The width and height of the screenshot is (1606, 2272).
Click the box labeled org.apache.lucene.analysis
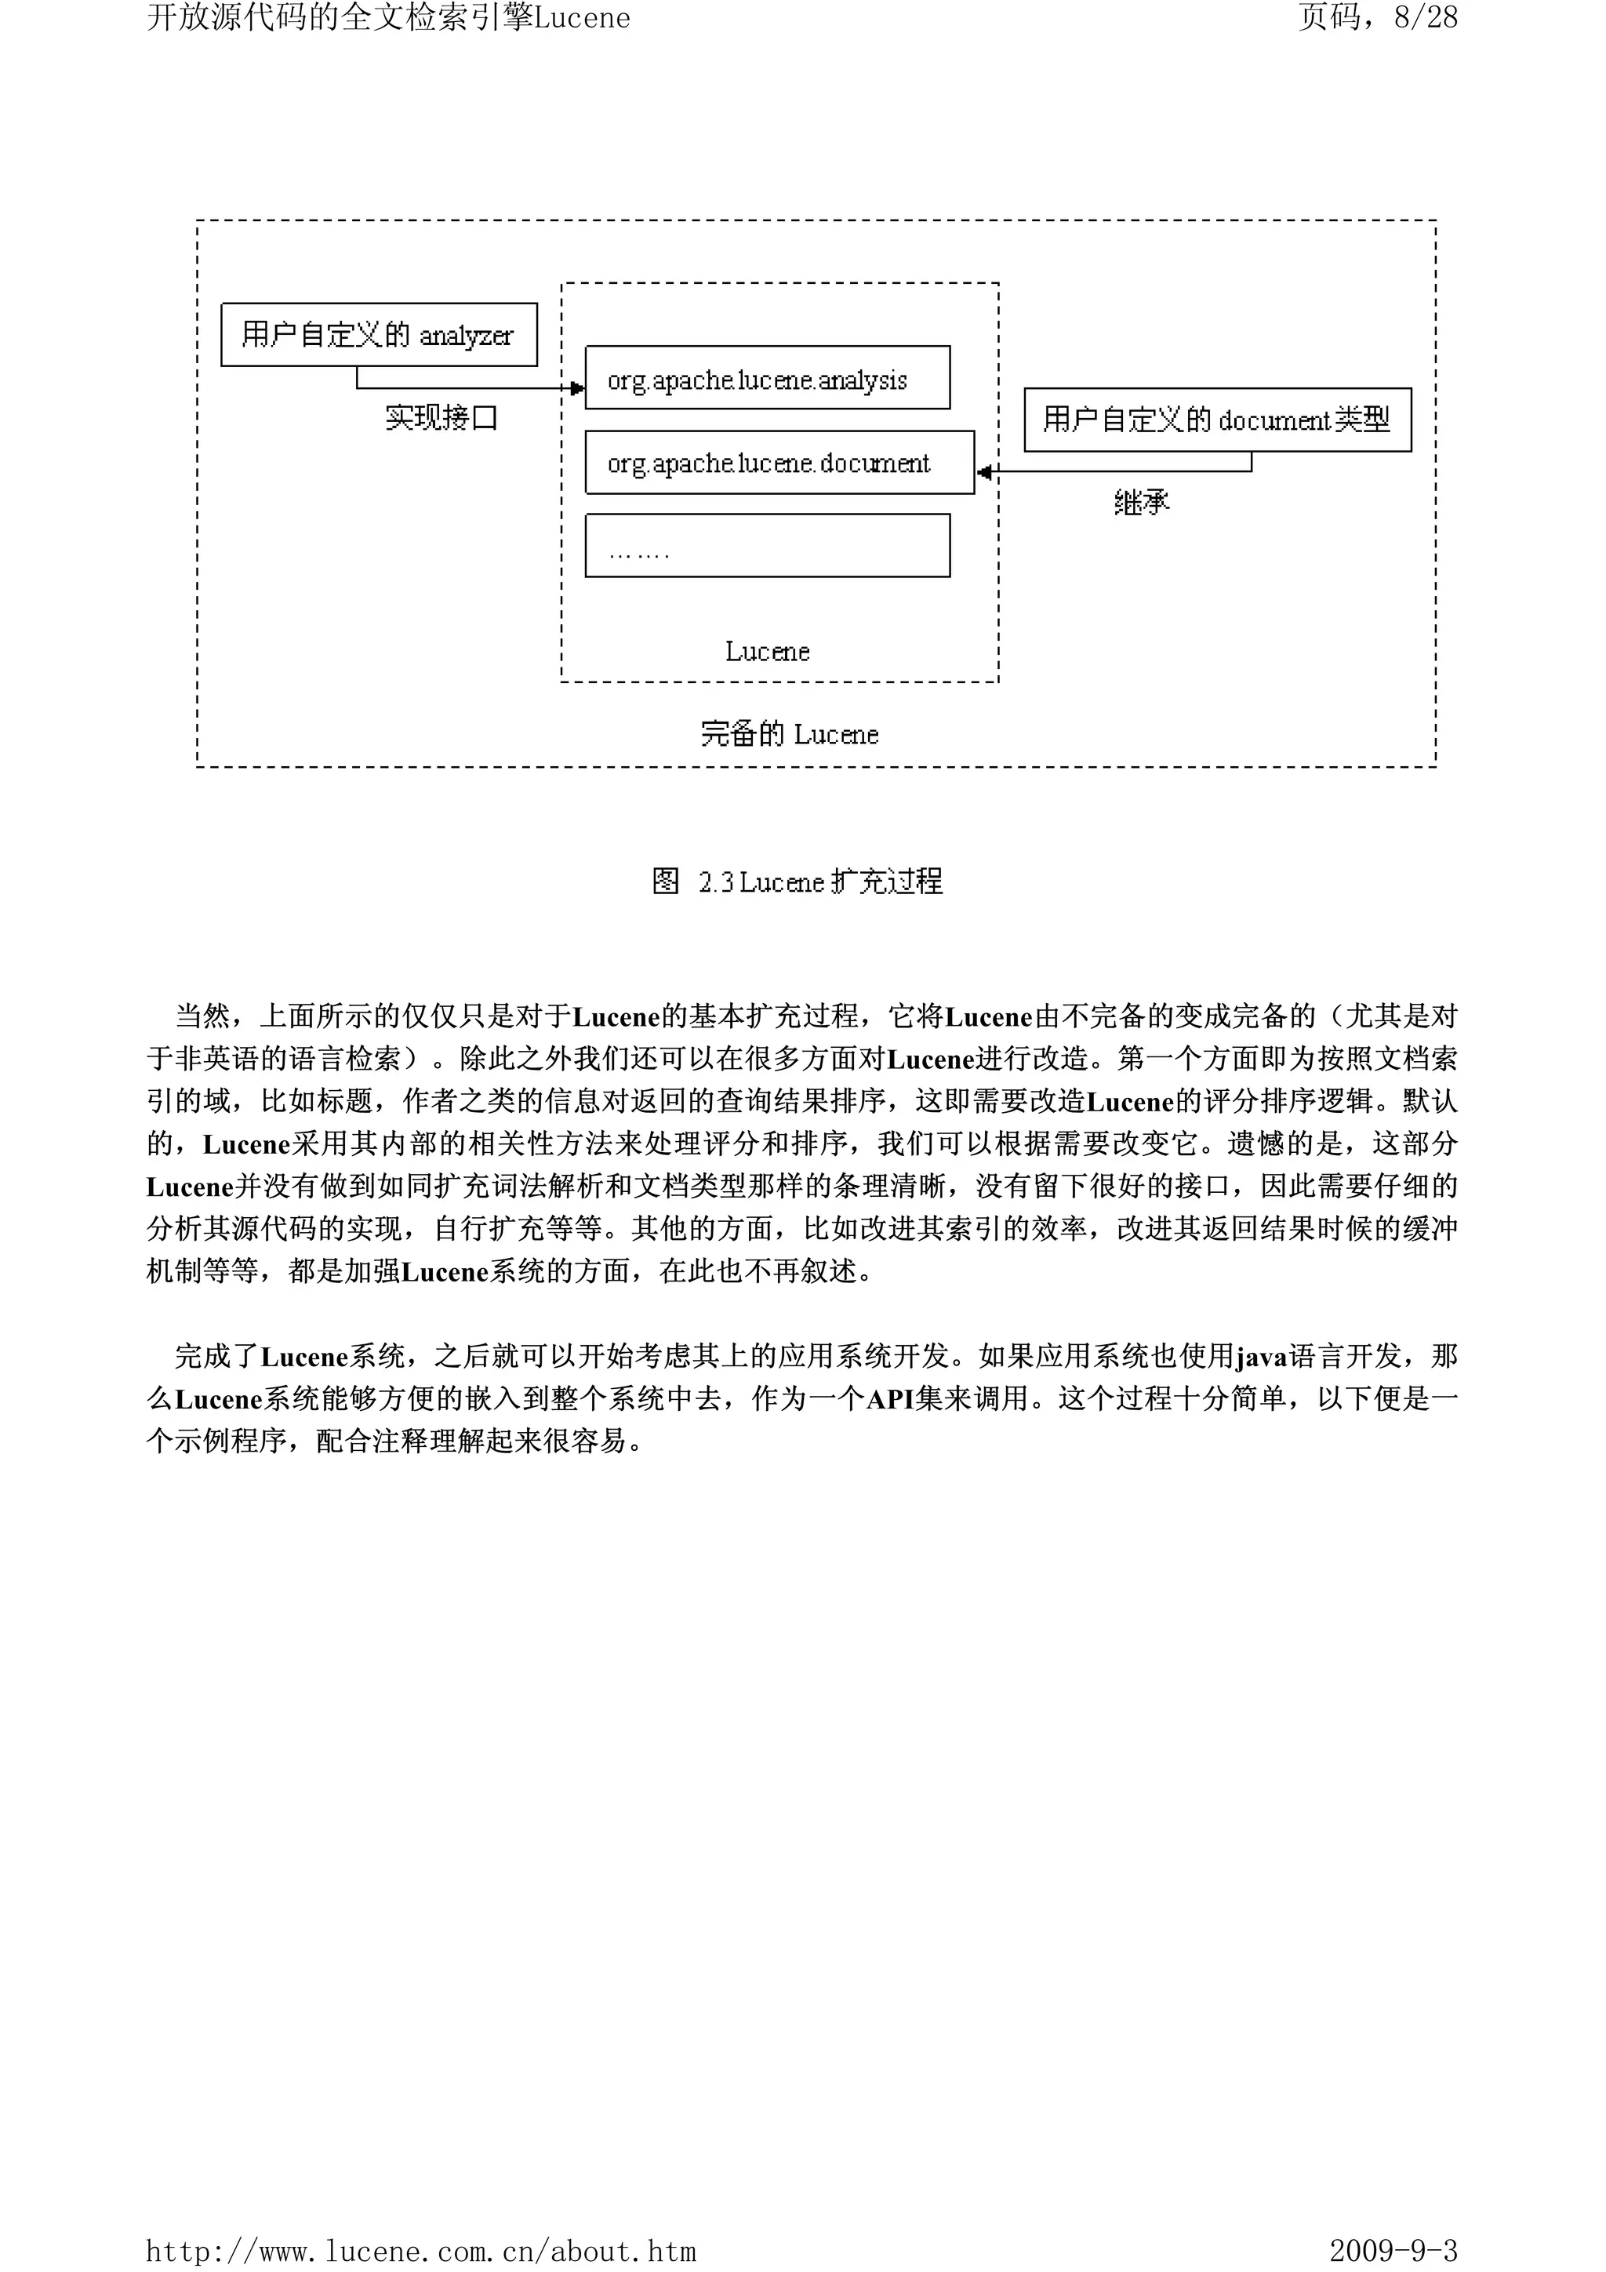point(767,377)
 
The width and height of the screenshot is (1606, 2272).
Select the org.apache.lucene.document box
point(779,462)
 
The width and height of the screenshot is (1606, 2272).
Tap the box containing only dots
point(767,544)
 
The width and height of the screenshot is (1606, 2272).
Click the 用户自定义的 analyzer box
point(379,334)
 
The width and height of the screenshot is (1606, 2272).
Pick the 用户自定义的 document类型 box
point(1217,420)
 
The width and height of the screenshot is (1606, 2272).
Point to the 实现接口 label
point(441,417)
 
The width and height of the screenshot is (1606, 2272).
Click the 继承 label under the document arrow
point(1141,503)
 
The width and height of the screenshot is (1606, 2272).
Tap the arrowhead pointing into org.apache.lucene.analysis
point(578,388)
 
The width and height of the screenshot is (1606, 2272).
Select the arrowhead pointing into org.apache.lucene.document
point(983,472)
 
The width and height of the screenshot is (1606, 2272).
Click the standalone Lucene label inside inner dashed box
point(767,651)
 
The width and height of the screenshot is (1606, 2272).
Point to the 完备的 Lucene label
point(789,734)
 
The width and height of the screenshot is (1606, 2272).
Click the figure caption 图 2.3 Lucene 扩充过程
point(797,881)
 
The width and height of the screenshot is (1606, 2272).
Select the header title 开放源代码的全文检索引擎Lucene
point(388,18)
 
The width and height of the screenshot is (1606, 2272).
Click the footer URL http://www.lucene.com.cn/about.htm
point(420,2252)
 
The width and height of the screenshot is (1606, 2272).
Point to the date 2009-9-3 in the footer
point(1393,2252)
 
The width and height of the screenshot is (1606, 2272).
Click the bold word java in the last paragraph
point(1262,1356)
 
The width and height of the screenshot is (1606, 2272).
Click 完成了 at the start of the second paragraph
point(216,1356)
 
